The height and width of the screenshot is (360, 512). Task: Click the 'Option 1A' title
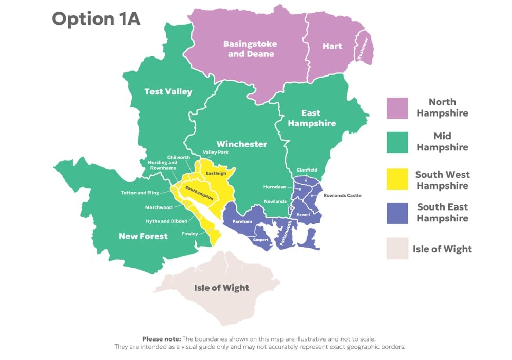point(96,19)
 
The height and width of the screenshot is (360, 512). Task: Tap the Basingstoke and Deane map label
point(251,49)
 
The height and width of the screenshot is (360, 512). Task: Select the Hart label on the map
point(332,46)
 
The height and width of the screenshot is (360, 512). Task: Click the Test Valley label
point(168,92)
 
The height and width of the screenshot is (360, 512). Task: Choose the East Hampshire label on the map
point(312,118)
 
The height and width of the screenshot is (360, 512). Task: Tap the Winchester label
point(241,144)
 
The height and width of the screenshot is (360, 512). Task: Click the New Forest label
point(143,236)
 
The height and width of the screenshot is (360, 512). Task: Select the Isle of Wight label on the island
point(221,288)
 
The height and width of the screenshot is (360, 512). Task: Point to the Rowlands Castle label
point(342,195)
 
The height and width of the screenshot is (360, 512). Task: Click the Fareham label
point(242,222)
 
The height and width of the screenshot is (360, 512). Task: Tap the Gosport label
point(261,240)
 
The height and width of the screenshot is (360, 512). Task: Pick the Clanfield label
point(307,170)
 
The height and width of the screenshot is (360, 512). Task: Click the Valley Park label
point(216,153)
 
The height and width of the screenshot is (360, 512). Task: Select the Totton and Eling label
point(140,193)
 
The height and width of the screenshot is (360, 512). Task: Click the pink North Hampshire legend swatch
point(397,108)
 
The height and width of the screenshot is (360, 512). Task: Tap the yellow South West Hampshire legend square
point(397,180)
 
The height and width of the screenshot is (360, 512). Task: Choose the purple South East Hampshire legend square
point(397,213)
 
